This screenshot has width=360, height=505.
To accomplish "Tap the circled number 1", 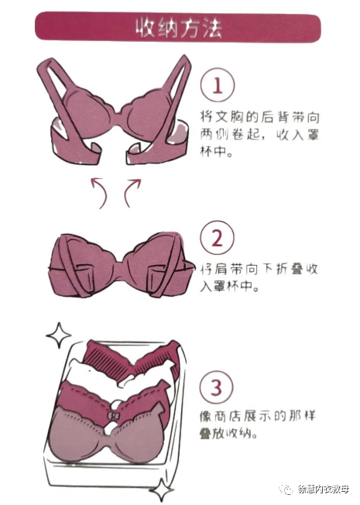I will pos(218,86).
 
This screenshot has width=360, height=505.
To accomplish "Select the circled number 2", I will pos(218,235).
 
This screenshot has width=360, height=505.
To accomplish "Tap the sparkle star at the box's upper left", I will pos(57,335).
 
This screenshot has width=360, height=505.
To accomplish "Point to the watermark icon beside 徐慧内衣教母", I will pos(286,490).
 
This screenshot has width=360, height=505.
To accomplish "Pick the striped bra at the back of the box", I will pos(128,360).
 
